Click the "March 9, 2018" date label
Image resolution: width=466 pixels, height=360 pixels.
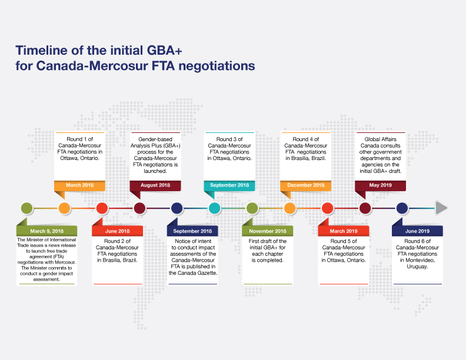tap(46, 231)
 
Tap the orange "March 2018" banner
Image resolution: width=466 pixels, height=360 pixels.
tap(79, 185)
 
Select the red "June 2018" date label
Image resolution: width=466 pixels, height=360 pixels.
tap(118, 231)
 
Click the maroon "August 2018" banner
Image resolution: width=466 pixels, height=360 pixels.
tap(155, 185)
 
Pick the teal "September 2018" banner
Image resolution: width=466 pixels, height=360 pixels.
tap(229, 185)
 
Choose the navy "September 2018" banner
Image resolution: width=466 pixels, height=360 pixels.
tap(192, 231)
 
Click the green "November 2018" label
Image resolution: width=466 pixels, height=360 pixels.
tap(268, 231)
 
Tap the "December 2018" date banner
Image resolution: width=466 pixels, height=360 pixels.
tap(306, 185)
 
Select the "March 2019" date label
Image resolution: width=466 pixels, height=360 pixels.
tap(344, 231)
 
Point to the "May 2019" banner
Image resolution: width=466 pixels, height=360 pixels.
tap(381, 185)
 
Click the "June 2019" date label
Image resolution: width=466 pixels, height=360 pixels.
tap(417, 231)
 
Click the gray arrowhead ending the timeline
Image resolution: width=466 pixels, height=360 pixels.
tap(441, 208)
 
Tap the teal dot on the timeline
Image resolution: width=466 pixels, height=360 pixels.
tap(214, 208)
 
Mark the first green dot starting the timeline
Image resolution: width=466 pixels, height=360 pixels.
tap(26, 208)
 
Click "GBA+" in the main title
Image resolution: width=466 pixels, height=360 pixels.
tap(164, 50)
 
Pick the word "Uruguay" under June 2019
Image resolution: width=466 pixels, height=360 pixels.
tap(417, 266)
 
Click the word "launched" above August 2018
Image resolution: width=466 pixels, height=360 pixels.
tap(155, 171)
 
